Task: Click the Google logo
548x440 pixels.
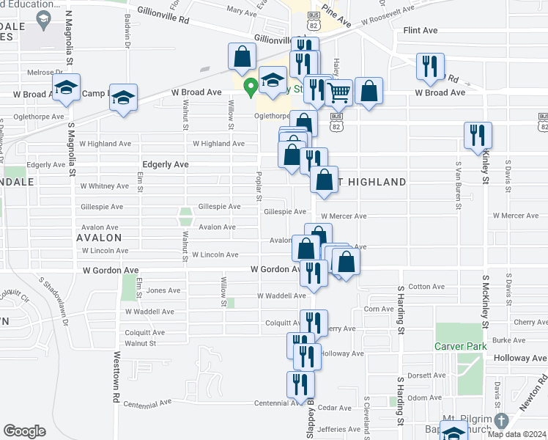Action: [x=25, y=431]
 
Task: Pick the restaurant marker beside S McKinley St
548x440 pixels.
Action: [x=477, y=135]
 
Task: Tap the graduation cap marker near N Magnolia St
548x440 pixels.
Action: [x=66, y=87]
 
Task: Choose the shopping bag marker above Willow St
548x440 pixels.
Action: [x=242, y=56]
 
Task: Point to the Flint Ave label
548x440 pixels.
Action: [x=421, y=31]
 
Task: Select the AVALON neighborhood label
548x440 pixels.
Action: [x=98, y=238]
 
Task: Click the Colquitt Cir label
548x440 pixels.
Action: [x=14, y=297]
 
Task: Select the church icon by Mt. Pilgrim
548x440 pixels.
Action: [x=501, y=421]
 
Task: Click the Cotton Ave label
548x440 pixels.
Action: [x=426, y=287]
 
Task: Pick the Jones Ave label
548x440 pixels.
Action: [x=162, y=290]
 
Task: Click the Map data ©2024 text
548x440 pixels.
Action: [x=516, y=434]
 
